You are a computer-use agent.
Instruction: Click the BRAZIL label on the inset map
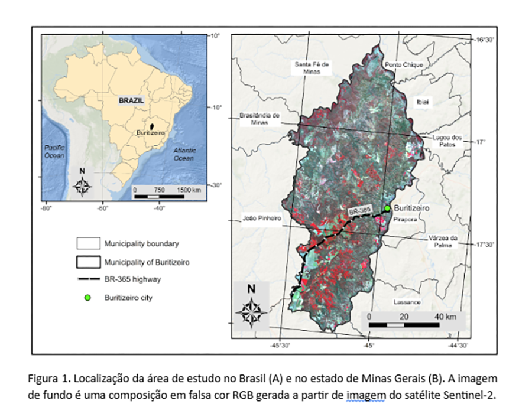131,100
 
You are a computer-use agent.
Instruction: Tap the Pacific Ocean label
54,151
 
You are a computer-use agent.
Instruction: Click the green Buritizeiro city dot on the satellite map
387,208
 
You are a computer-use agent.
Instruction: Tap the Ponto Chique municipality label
404,65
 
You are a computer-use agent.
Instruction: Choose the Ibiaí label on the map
424,102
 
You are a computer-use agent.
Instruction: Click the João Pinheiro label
262,219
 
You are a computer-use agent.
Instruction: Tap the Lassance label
407,302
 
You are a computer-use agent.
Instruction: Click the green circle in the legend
87,298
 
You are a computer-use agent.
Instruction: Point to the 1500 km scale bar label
189,190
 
